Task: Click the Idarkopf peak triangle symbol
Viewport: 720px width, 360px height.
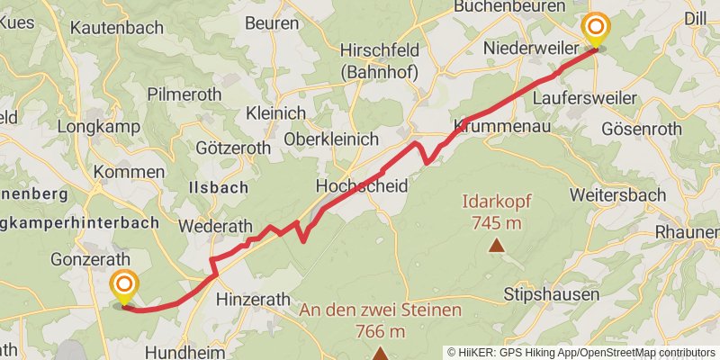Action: coord(495,244)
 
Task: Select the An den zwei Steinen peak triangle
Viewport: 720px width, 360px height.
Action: coord(381,353)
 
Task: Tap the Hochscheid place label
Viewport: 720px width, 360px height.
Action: coord(362,185)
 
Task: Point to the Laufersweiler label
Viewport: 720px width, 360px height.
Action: coord(585,97)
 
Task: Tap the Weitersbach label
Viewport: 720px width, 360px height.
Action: coord(617,194)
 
